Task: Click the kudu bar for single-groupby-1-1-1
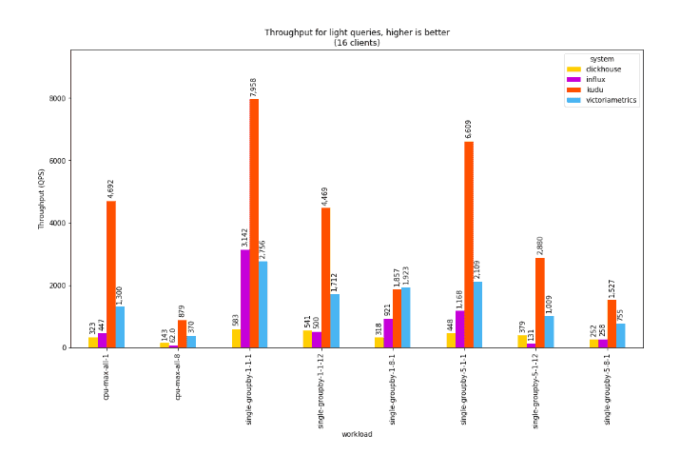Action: [254, 224]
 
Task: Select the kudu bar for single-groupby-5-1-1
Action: [468, 245]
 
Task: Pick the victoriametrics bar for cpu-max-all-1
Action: [120, 327]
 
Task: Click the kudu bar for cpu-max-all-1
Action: [111, 274]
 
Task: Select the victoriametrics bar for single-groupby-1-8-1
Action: [406, 318]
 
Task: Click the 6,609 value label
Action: [468, 128]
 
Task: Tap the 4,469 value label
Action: [325, 195]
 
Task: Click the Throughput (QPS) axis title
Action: [42, 200]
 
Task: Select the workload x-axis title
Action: [357, 435]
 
